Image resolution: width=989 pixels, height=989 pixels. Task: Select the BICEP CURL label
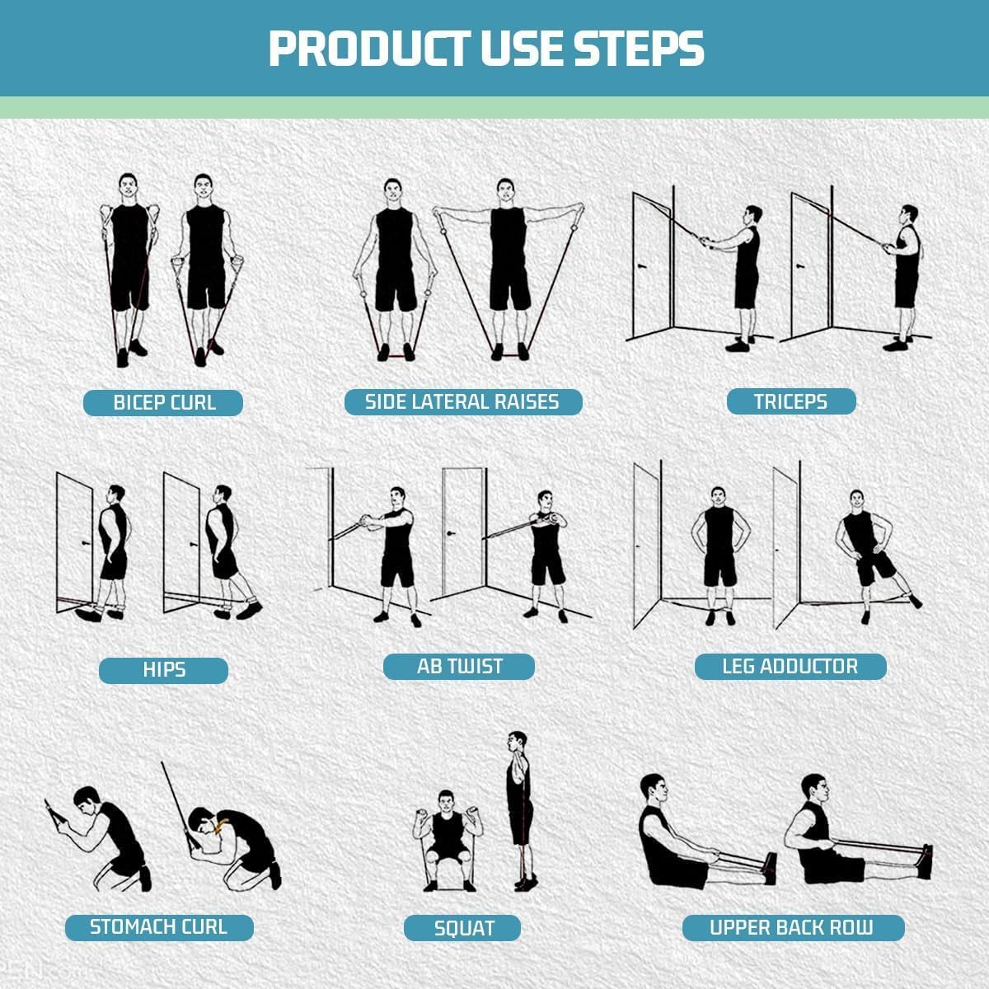tap(164, 403)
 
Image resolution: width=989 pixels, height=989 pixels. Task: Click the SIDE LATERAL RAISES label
tap(462, 402)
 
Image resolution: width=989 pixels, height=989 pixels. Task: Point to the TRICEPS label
tap(790, 401)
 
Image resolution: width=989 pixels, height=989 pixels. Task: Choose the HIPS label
tap(163, 670)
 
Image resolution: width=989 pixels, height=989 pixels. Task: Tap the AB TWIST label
tap(459, 666)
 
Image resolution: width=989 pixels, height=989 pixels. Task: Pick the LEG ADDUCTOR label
tap(790, 666)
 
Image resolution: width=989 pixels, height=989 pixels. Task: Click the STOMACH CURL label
tap(158, 927)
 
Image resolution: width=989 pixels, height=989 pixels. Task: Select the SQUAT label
tap(463, 929)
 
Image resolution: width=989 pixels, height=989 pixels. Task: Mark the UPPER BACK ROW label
tap(791, 928)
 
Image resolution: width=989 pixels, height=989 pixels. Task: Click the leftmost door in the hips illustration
tap(74, 540)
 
